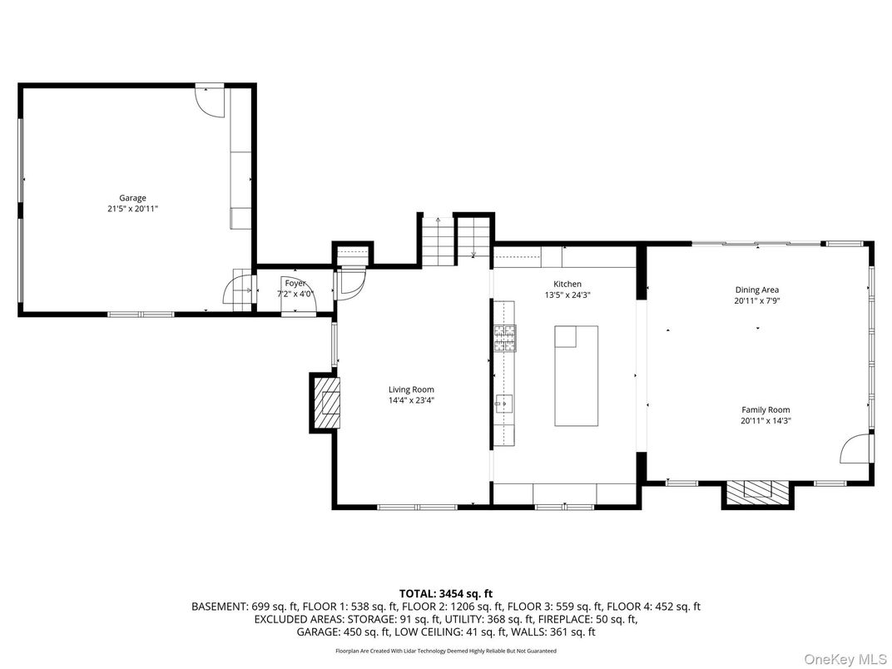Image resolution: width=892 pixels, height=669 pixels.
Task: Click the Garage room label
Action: pos(132,198)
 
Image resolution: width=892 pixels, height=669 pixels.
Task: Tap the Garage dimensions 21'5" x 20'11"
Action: pos(132,209)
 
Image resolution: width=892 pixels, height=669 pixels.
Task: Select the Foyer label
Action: pos(295,284)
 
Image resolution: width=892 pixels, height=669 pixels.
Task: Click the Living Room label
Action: pos(411,389)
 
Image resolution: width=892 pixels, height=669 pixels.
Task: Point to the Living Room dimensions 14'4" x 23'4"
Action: pos(411,400)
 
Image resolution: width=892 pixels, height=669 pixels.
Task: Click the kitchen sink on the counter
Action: pos(502,404)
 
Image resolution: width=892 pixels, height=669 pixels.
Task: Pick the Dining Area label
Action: pos(756,290)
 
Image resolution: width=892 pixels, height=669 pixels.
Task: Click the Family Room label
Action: pos(766,409)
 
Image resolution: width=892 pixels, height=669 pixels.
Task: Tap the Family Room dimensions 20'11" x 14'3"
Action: pos(766,421)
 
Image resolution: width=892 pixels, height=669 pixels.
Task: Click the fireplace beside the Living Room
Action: pos(328,402)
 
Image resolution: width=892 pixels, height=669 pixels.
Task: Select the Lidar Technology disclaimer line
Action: pos(446,651)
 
